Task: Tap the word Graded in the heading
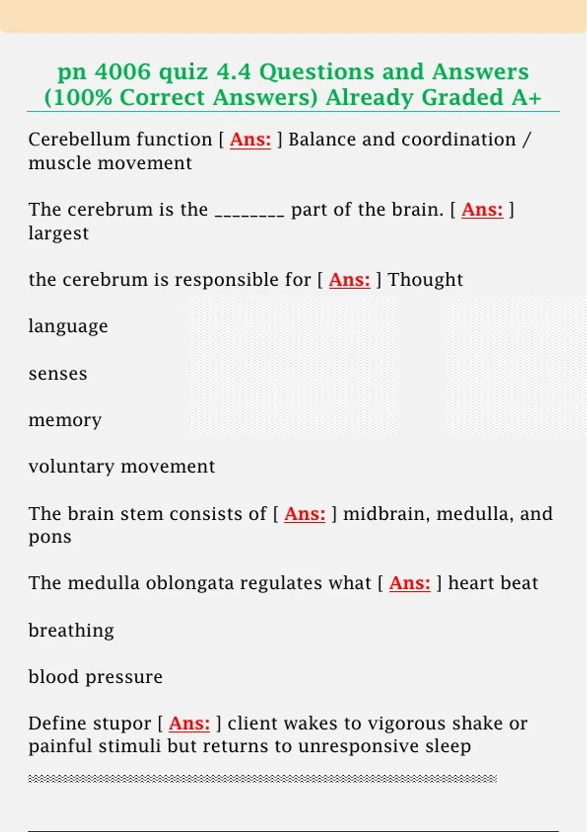coord(462,97)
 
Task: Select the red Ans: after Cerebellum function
coord(250,139)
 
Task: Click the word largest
coord(59,233)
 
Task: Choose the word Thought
coord(425,280)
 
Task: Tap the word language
coord(68,326)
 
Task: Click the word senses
coord(58,373)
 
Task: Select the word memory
coord(65,420)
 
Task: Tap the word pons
coord(50,537)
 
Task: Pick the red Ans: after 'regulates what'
coord(409,583)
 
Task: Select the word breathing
coord(71,630)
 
